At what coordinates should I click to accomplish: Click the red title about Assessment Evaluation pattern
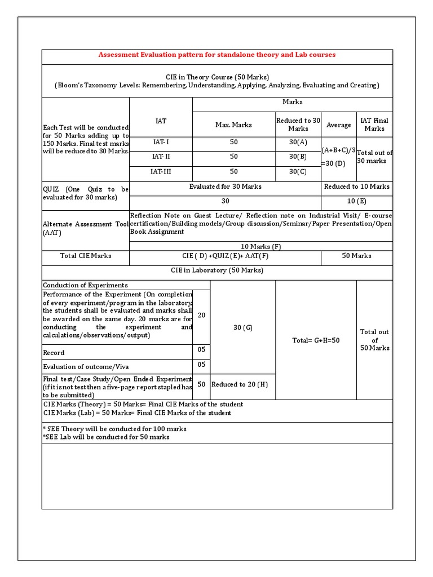click(217, 55)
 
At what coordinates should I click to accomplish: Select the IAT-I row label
click(161, 142)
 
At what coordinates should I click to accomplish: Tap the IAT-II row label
click(161, 157)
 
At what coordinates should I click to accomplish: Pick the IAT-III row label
click(161, 171)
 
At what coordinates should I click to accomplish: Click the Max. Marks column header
click(233, 125)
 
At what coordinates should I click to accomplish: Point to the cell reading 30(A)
click(298, 142)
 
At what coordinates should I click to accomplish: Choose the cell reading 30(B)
click(298, 157)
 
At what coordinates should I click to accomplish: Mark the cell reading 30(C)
click(298, 171)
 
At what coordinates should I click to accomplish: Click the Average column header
click(338, 125)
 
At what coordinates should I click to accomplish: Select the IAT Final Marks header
click(374, 125)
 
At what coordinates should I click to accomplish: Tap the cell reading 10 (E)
click(356, 201)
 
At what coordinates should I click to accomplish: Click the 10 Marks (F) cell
click(260, 246)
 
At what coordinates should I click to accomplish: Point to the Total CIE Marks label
click(86, 256)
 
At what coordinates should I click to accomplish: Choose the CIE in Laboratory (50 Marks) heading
click(217, 270)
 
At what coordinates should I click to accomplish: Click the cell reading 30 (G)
click(242, 327)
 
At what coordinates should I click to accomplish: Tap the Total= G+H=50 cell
click(316, 340)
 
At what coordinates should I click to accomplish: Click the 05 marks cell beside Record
click(201, 350)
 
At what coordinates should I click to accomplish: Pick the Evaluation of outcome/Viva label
click(86, 367)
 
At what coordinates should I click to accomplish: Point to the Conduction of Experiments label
click(86, 285)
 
